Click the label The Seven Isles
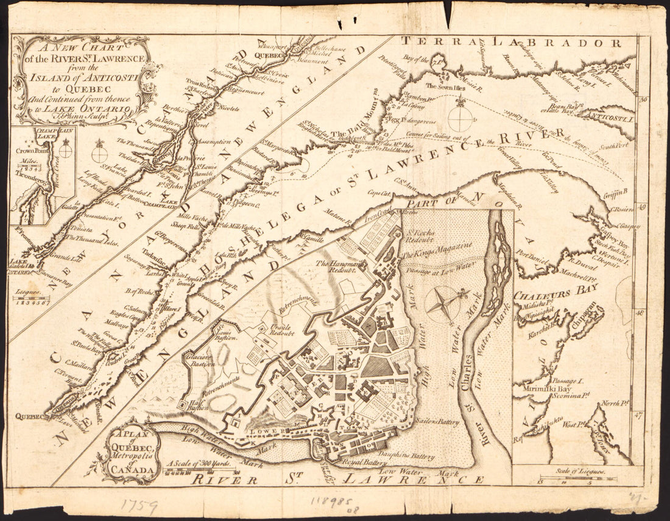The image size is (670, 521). click(x=448, y=87)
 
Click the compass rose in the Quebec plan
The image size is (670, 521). click(x=443, y=303)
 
